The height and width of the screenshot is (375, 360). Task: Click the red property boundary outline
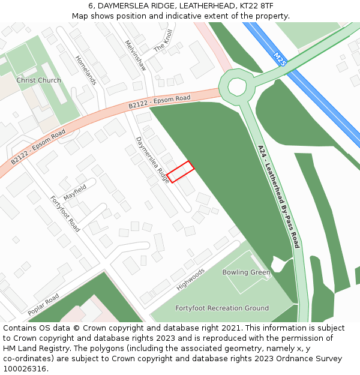(x=180, y=172)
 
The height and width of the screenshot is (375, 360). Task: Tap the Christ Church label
(x=38, y=80)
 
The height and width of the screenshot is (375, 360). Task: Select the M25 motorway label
(x=280, y=59)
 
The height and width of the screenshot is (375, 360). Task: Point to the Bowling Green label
(x=246, y=272)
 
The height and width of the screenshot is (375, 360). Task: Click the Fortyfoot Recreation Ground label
(x=222, y=308)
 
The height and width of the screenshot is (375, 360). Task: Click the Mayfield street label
(x=75, y=192)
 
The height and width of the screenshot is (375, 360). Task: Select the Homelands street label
(x=86, y=70)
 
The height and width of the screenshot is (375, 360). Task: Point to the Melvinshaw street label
(x=135, y=56)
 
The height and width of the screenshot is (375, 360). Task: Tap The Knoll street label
(x=163, y=40)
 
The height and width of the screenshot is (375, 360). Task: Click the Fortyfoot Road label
(x=65, y=214)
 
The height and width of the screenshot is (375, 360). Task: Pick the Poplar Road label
(x=43, y=305)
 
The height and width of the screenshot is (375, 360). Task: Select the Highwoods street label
(x=191, y=279)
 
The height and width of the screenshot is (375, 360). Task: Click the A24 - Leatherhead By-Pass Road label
(x=278, y=196)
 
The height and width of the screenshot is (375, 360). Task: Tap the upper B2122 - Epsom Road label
(x=160, y=102)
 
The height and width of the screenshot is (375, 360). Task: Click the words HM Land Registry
(x=30, y=349)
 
